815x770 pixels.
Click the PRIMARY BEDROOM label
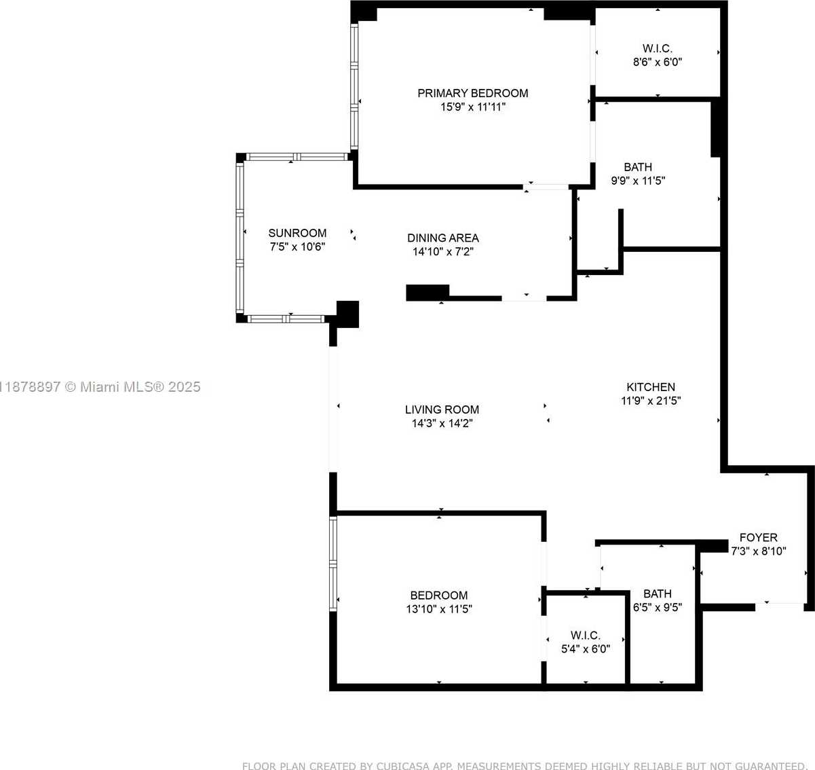click(473, 93)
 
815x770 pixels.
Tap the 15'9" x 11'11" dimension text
click(473, 107)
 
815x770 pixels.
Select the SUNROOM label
click(297, 234)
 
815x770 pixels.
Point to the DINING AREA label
click(443, 238)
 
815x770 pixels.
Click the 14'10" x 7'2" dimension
click(443, 251)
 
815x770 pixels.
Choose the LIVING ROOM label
click(442, 409)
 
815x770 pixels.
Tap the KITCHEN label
click(651, 387)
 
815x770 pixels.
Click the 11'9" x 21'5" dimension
click(651, 401)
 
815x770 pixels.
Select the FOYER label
click(759, 537)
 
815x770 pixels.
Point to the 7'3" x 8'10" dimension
click(759, 551)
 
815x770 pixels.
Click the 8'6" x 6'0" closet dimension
click(658, 62)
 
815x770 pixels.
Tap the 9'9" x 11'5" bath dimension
click(638, 181)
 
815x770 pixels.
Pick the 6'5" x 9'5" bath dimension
click(658, 607)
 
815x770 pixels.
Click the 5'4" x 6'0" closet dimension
click(585, 649)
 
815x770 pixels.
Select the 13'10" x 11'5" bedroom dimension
click(439, 608)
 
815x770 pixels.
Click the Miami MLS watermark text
click(100, 387)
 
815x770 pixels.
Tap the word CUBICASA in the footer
click(402, 765)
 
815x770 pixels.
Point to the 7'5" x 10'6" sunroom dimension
click(297, 246)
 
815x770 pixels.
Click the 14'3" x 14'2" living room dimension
click(442, 423)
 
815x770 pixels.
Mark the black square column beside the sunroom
click(347, 314)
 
